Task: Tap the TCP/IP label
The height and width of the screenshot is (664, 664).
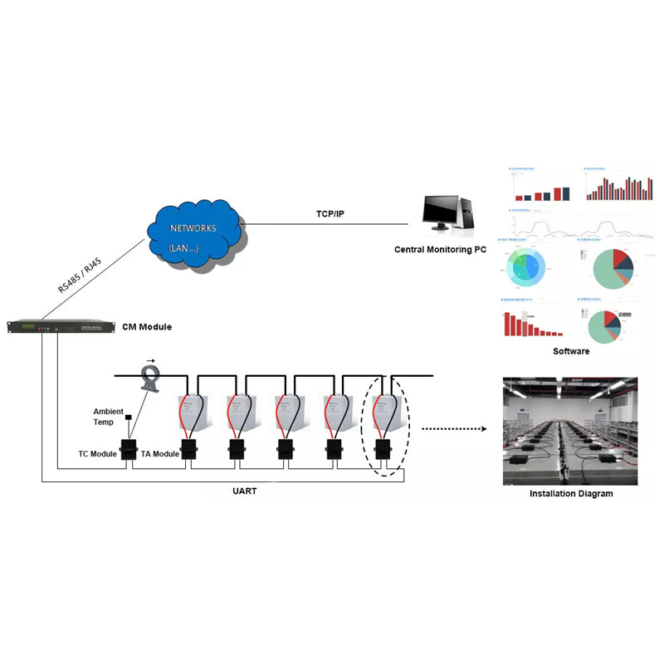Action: coord(330,214)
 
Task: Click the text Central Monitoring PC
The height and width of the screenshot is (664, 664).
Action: coord(440,249)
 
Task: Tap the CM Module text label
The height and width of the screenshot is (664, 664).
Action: coord(147,327)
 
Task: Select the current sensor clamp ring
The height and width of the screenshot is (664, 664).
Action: coord(150,378)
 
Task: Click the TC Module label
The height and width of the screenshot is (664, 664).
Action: coord(98,454)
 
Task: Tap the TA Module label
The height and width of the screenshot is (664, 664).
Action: coord(160,454)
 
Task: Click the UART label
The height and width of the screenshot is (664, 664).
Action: coord(246,491)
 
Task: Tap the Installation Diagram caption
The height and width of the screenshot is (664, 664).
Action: coord(571,494)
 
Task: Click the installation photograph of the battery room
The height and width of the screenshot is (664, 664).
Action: coord(570,431)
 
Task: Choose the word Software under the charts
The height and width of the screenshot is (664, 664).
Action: coord(571,351)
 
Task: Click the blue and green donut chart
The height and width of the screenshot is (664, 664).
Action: coord(525,266)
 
